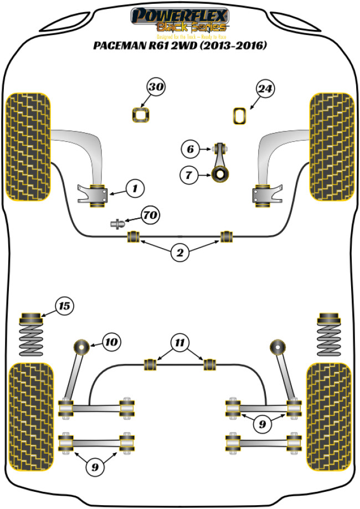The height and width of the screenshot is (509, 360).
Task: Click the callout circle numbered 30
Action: click(156, 88)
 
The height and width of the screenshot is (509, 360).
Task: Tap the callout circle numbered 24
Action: click(265, 88)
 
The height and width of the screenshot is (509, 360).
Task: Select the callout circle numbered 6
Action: click(189, 149)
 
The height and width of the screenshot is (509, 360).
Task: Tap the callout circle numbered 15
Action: click(64, 305)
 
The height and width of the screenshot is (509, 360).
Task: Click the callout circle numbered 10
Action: click(111, 342)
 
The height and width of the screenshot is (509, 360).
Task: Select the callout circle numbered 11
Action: click(179, 343)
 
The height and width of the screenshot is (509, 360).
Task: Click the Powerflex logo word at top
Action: click(179, 15)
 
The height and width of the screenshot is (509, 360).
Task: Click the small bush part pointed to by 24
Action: click(239, 116)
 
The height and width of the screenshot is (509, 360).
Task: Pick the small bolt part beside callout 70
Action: click(118, 224)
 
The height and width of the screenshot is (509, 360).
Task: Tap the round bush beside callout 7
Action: click(221, 176)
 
